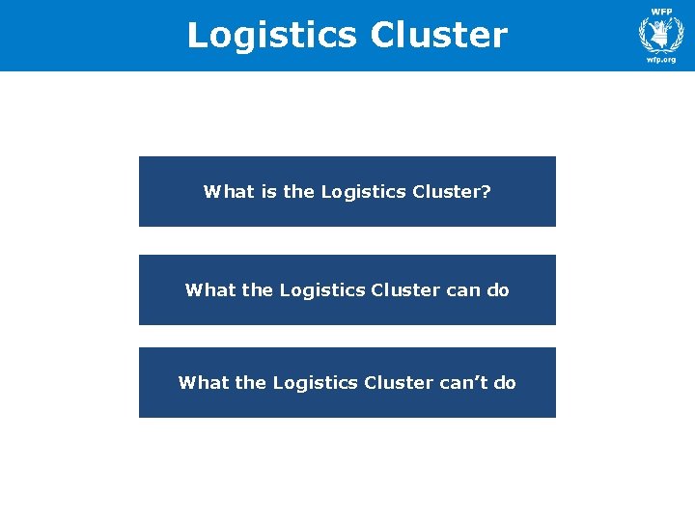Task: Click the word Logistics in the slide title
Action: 272,36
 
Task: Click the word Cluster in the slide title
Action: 437,36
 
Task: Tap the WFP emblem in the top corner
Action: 661,34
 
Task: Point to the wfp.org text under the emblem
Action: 661,60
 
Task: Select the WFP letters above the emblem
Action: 661,12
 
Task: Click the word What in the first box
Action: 227,192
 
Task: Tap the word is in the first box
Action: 267,192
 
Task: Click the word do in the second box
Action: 498,290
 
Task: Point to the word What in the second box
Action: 208,290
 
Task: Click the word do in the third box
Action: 505,383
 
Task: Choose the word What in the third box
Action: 202,383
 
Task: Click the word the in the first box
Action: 298,192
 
